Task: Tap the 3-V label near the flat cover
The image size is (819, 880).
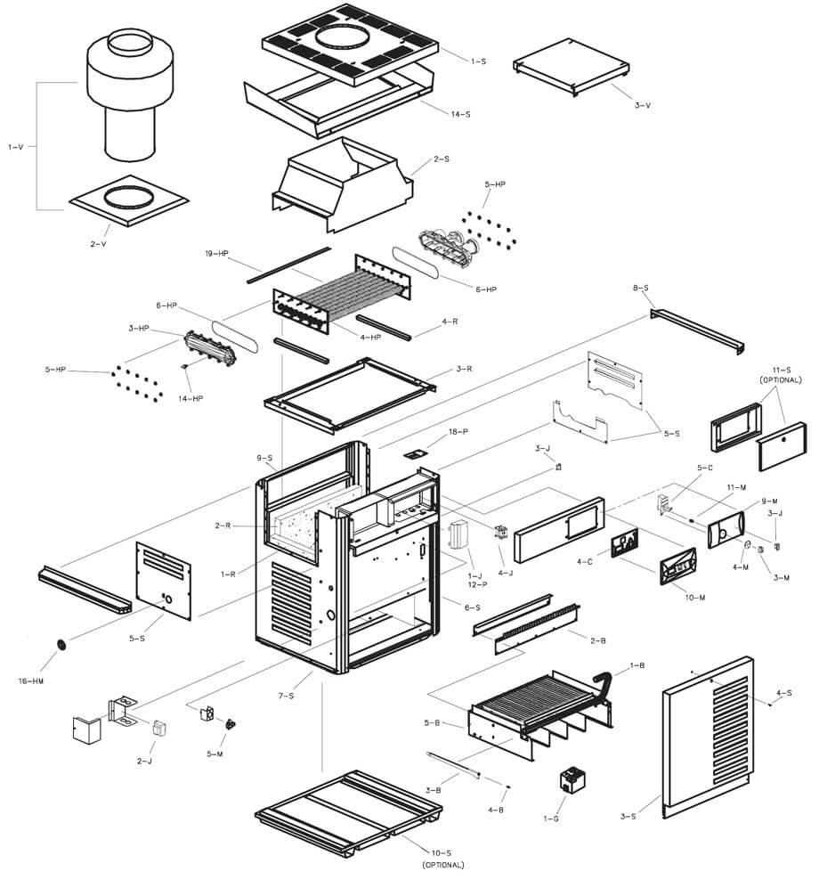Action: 643,105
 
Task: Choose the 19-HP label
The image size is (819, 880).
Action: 217,254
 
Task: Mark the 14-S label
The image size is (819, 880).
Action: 461,115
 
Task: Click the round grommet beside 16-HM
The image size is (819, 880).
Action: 62,644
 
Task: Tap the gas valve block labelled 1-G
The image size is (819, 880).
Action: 570,780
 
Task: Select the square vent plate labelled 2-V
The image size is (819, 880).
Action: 127,200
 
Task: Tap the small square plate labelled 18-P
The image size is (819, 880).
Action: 412,453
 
